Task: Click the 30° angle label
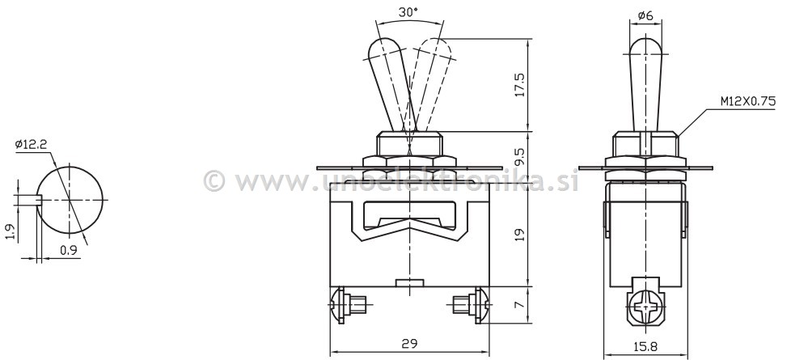408,12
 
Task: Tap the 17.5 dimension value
519,85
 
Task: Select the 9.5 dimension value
519,157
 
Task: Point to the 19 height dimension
519,235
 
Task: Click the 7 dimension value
519,304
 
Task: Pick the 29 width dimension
409,344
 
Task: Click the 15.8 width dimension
645,346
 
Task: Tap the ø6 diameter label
645,15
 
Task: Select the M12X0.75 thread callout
748,101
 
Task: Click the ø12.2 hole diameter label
31,145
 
